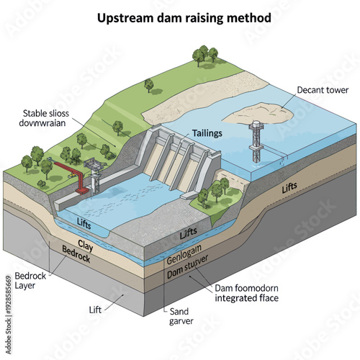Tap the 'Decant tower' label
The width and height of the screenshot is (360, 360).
(x=322, y=91)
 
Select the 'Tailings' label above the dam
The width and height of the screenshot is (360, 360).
(x=207, y=134)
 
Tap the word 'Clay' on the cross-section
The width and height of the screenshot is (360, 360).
(x=86, y=244)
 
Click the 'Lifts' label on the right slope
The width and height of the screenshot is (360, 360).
(x=289, y=187)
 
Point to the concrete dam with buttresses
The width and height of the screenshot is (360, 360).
(x=180, y=160)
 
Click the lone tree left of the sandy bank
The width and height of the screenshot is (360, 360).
(x=149, y=84)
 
